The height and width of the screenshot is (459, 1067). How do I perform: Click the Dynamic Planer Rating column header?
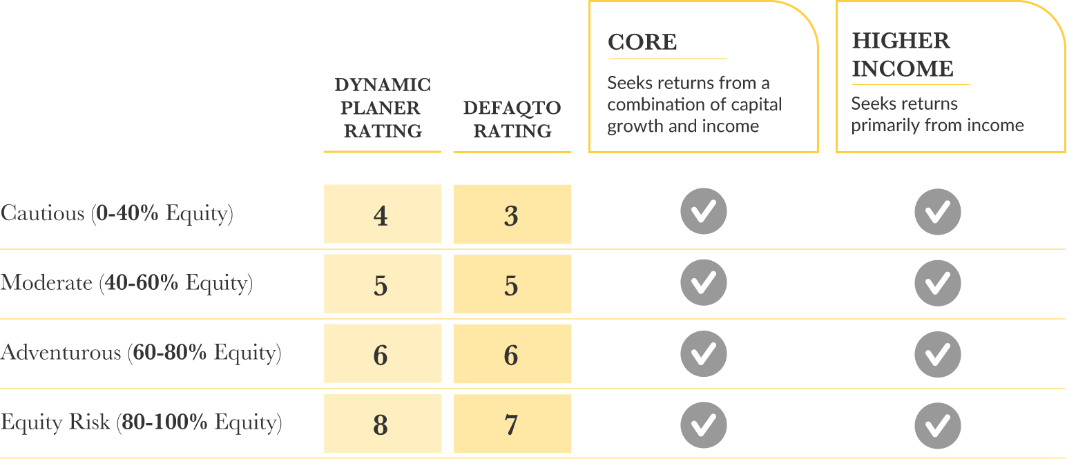[x=382, y=108]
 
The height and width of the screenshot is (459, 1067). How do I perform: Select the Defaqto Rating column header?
[x=512, y=119]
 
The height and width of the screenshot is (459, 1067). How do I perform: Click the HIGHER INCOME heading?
[x=903, y=55]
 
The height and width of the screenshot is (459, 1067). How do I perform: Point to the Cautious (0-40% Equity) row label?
[x=117, y=213]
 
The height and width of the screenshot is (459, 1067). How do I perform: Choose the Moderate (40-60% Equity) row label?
[x=126, y=283]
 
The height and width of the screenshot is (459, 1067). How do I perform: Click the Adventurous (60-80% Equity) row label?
[x=141, y=353]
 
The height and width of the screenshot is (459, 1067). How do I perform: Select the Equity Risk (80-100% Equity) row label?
[x=141, y=422]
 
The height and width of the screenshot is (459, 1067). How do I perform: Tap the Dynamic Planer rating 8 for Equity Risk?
[x=381, y=424]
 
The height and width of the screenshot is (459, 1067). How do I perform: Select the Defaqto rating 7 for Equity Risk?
[x=512, y=424]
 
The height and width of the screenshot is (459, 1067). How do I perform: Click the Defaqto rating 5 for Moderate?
[x=512, y=284]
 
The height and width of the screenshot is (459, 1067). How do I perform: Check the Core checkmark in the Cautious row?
[x=703, y=211]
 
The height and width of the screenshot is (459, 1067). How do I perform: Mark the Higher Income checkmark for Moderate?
[x=937, y=283]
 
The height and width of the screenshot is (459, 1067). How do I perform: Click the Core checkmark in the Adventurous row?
[x=703, y=353]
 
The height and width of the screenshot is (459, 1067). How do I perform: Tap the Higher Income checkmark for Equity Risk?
[x=937, y=424]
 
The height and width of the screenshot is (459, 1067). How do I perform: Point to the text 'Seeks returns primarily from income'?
[x=937, y=115]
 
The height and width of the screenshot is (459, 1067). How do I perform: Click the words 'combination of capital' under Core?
[x=694, y=105]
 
